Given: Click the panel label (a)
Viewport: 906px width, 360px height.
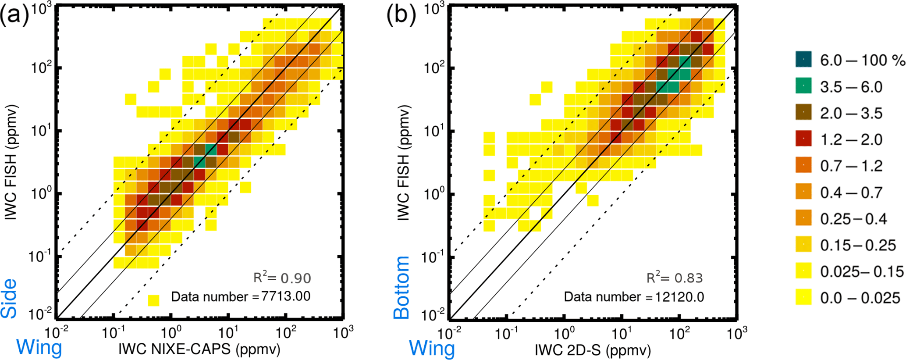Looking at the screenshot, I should [x=14, y=16].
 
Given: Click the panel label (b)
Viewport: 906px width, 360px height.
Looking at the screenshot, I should [x=400, y=16].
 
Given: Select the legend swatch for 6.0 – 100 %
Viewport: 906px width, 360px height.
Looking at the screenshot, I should [x=803, y=60].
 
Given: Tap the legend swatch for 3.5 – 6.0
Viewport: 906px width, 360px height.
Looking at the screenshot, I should [x=803, y=86].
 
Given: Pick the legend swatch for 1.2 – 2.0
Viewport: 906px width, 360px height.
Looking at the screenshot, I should [x=803, y=139].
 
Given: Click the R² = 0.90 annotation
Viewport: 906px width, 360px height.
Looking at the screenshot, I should [x=282, y=278].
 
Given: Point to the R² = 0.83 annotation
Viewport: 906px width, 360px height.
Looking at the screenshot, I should [x=675, y=278].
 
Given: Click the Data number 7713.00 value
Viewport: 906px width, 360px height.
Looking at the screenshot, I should [x=286, y=296].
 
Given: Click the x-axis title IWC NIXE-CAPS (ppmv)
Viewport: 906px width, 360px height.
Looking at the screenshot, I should [x=199, y=349].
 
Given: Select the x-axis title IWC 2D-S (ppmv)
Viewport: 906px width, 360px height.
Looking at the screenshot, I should [x=593, y=349].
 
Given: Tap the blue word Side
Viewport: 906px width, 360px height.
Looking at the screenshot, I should [x=9, y=298].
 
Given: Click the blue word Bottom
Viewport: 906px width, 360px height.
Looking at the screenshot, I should [x=401, y=288].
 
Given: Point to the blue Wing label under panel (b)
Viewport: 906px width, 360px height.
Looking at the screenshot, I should [x=432, y=348].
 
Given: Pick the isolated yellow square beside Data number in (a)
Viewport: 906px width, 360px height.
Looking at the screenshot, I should [x=153, y=300].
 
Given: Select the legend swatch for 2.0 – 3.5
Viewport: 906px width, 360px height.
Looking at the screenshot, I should [x=803, y=112].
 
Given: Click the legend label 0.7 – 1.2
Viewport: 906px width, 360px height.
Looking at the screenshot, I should [x=851, y=166].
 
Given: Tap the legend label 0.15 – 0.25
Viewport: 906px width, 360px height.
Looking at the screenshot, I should [x=858, y=245].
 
